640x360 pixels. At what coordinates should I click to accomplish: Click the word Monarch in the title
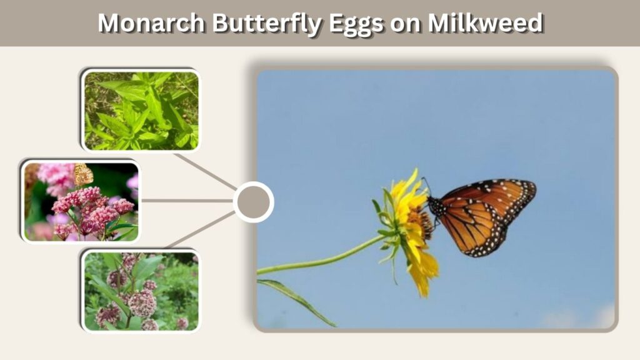[x=151, y=23]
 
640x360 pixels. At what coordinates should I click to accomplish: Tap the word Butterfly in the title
[x=267, y=24]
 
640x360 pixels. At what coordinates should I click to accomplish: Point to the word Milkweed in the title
[x=485, y=23]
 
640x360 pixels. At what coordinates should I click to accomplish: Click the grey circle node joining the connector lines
[x=254, y=202]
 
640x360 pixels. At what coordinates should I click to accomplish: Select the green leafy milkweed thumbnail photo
[x=141, y=111]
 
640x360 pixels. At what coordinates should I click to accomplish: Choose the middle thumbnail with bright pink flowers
[x=81, y=201]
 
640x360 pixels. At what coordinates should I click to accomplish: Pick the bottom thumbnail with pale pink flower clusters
[x=141, y=291]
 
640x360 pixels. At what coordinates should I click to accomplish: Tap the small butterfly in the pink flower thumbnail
[x=84, y=174]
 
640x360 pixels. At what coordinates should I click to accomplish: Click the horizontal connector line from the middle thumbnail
[x=187, y=201]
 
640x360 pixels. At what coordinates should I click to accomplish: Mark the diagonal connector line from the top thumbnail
[x=206, y=172]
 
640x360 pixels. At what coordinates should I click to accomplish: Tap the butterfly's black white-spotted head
[x=436, y=206]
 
